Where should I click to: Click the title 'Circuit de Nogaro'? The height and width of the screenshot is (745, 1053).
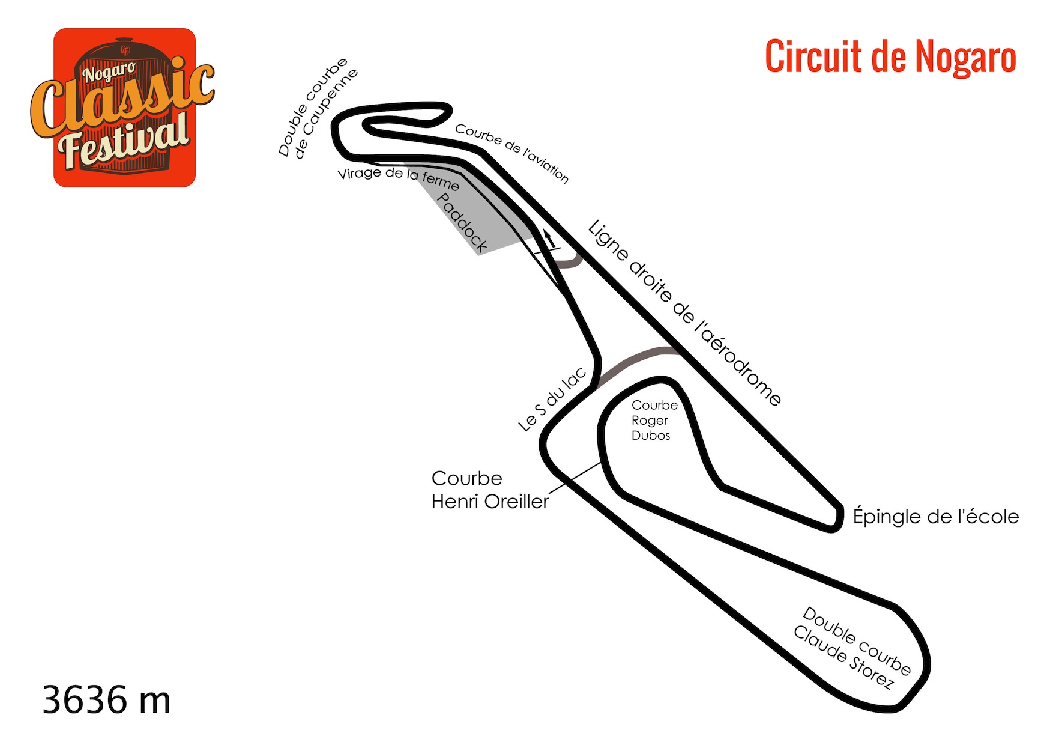[890, 56]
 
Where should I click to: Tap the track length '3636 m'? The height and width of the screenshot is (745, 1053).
[107, 700]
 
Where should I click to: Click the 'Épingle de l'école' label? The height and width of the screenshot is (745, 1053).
[936, 516]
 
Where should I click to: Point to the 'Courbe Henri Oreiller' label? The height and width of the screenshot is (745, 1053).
[490, 490]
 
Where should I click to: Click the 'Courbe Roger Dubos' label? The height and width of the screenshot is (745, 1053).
[654, 420]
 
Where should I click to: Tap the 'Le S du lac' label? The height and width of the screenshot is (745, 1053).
[552, 400]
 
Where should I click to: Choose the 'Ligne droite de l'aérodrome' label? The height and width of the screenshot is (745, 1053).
[684, 313]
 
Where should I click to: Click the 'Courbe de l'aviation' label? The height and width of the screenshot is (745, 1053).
[511, 153]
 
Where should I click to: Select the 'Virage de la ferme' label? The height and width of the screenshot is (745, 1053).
[399, 178]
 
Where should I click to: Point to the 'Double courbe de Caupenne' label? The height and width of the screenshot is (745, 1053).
[318, 108]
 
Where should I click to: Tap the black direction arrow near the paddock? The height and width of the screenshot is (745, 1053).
[549, 237]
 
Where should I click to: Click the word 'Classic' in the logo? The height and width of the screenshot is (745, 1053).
[122, 99]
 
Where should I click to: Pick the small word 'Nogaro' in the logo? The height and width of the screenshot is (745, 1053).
[109, 73]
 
